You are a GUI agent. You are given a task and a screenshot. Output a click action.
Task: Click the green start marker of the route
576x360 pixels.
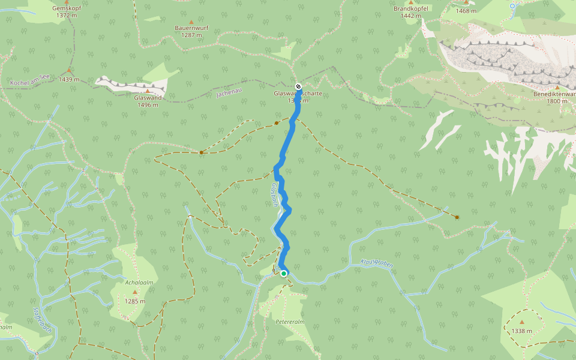point(284,274)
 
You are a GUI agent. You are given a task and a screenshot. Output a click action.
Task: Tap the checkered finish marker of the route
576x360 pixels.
point(298,86)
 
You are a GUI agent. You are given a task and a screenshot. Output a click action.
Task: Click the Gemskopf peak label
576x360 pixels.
point(67,8)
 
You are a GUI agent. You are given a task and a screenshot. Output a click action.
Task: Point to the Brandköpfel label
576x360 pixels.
point(411,9)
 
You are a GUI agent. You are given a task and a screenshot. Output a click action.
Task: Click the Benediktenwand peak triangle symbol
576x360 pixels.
point(557,88)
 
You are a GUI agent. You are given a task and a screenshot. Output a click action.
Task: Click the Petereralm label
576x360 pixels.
point(290,322)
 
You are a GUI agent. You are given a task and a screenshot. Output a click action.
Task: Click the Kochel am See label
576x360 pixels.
point(29,80)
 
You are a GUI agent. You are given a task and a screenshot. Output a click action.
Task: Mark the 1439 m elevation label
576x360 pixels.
point(69,79)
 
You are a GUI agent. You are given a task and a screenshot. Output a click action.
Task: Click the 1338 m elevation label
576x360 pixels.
point(522,331)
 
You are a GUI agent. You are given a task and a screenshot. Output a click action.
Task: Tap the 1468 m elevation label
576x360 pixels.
point(466,11)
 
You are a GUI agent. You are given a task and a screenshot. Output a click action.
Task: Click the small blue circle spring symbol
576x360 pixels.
point(512,6)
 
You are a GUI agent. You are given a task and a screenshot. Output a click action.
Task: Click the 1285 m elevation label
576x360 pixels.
point(135,301)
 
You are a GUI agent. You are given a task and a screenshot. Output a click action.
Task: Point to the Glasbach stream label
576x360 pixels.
point(275,194)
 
